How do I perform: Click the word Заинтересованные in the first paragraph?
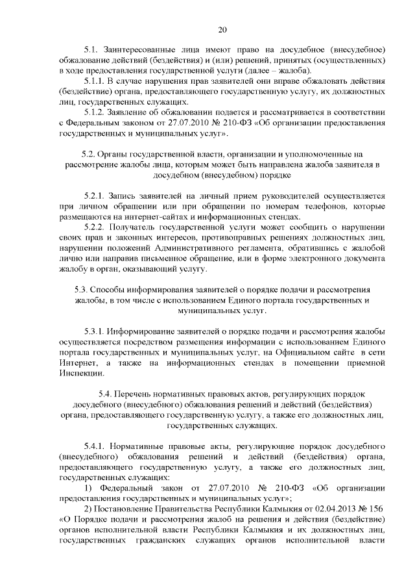pos(145,49)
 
